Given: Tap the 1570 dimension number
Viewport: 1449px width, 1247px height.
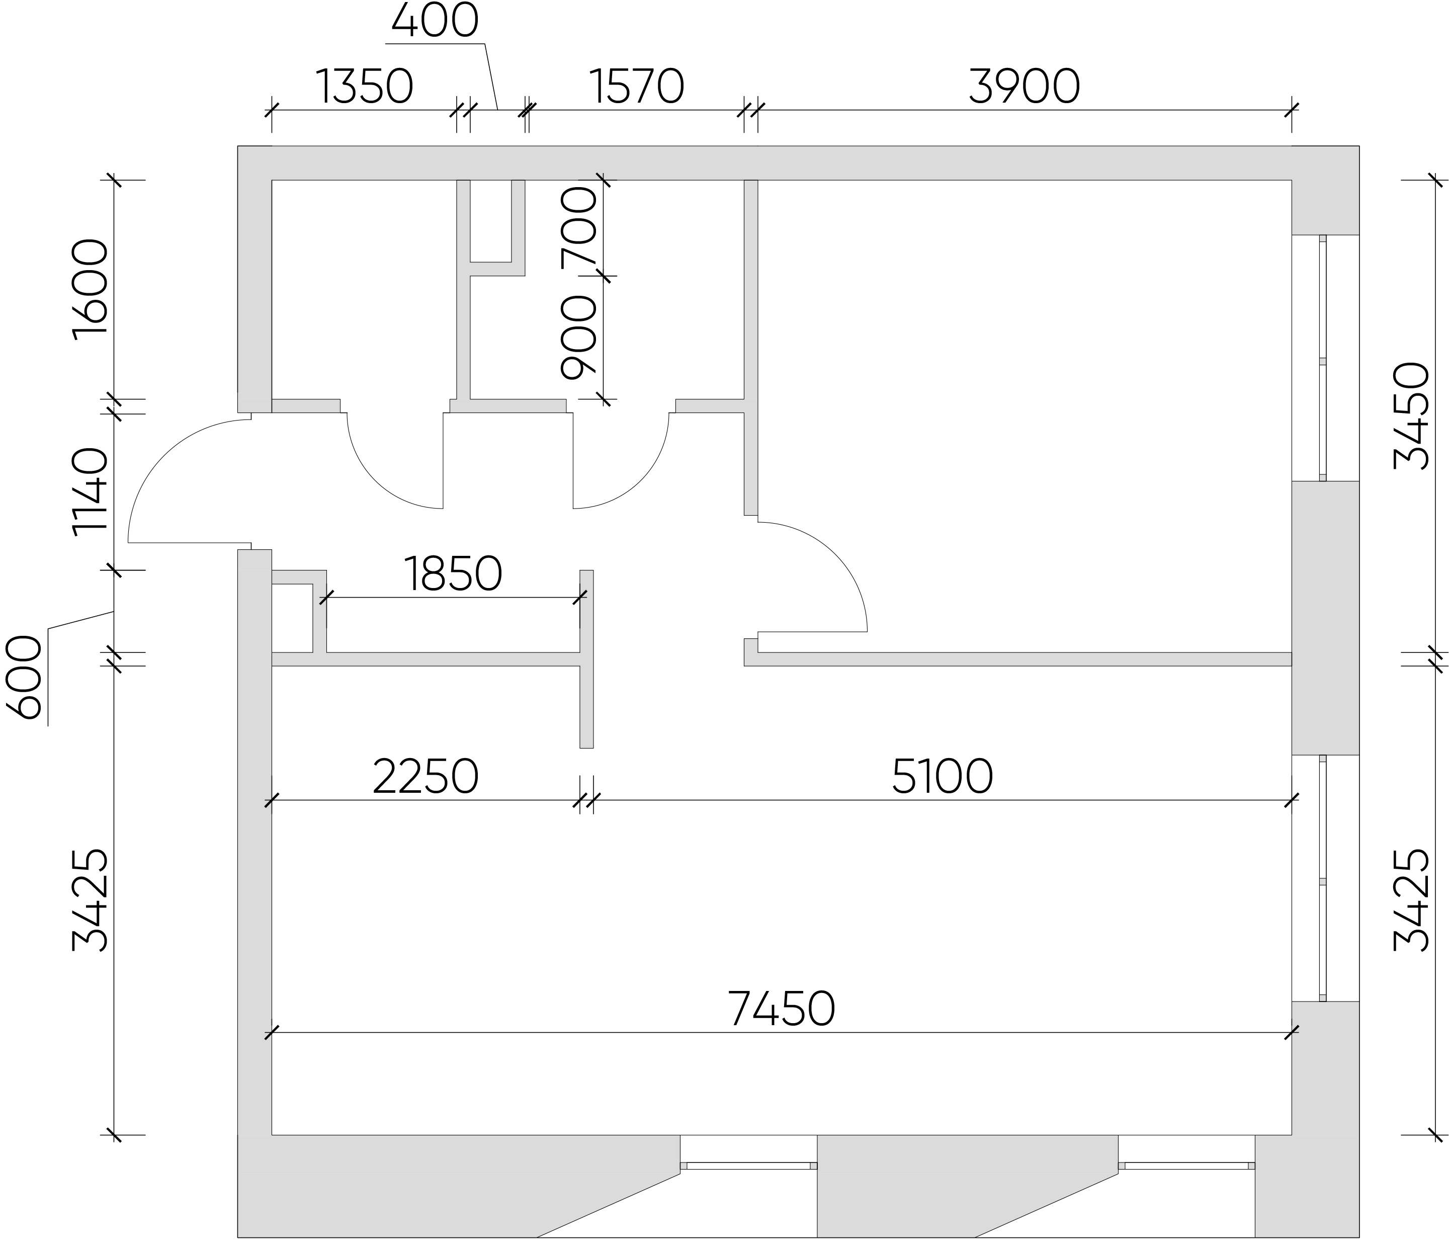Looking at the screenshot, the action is point(636,87).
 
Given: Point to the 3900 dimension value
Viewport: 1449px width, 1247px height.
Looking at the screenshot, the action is point(1025,87).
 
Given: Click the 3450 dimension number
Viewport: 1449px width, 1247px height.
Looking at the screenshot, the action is point(1411,415).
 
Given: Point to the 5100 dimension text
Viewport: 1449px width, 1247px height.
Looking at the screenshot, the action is point(943,776).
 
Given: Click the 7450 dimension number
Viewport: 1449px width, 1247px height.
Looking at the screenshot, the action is point(781,1009).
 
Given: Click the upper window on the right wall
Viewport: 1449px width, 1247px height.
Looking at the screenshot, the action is point(1322,358).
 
